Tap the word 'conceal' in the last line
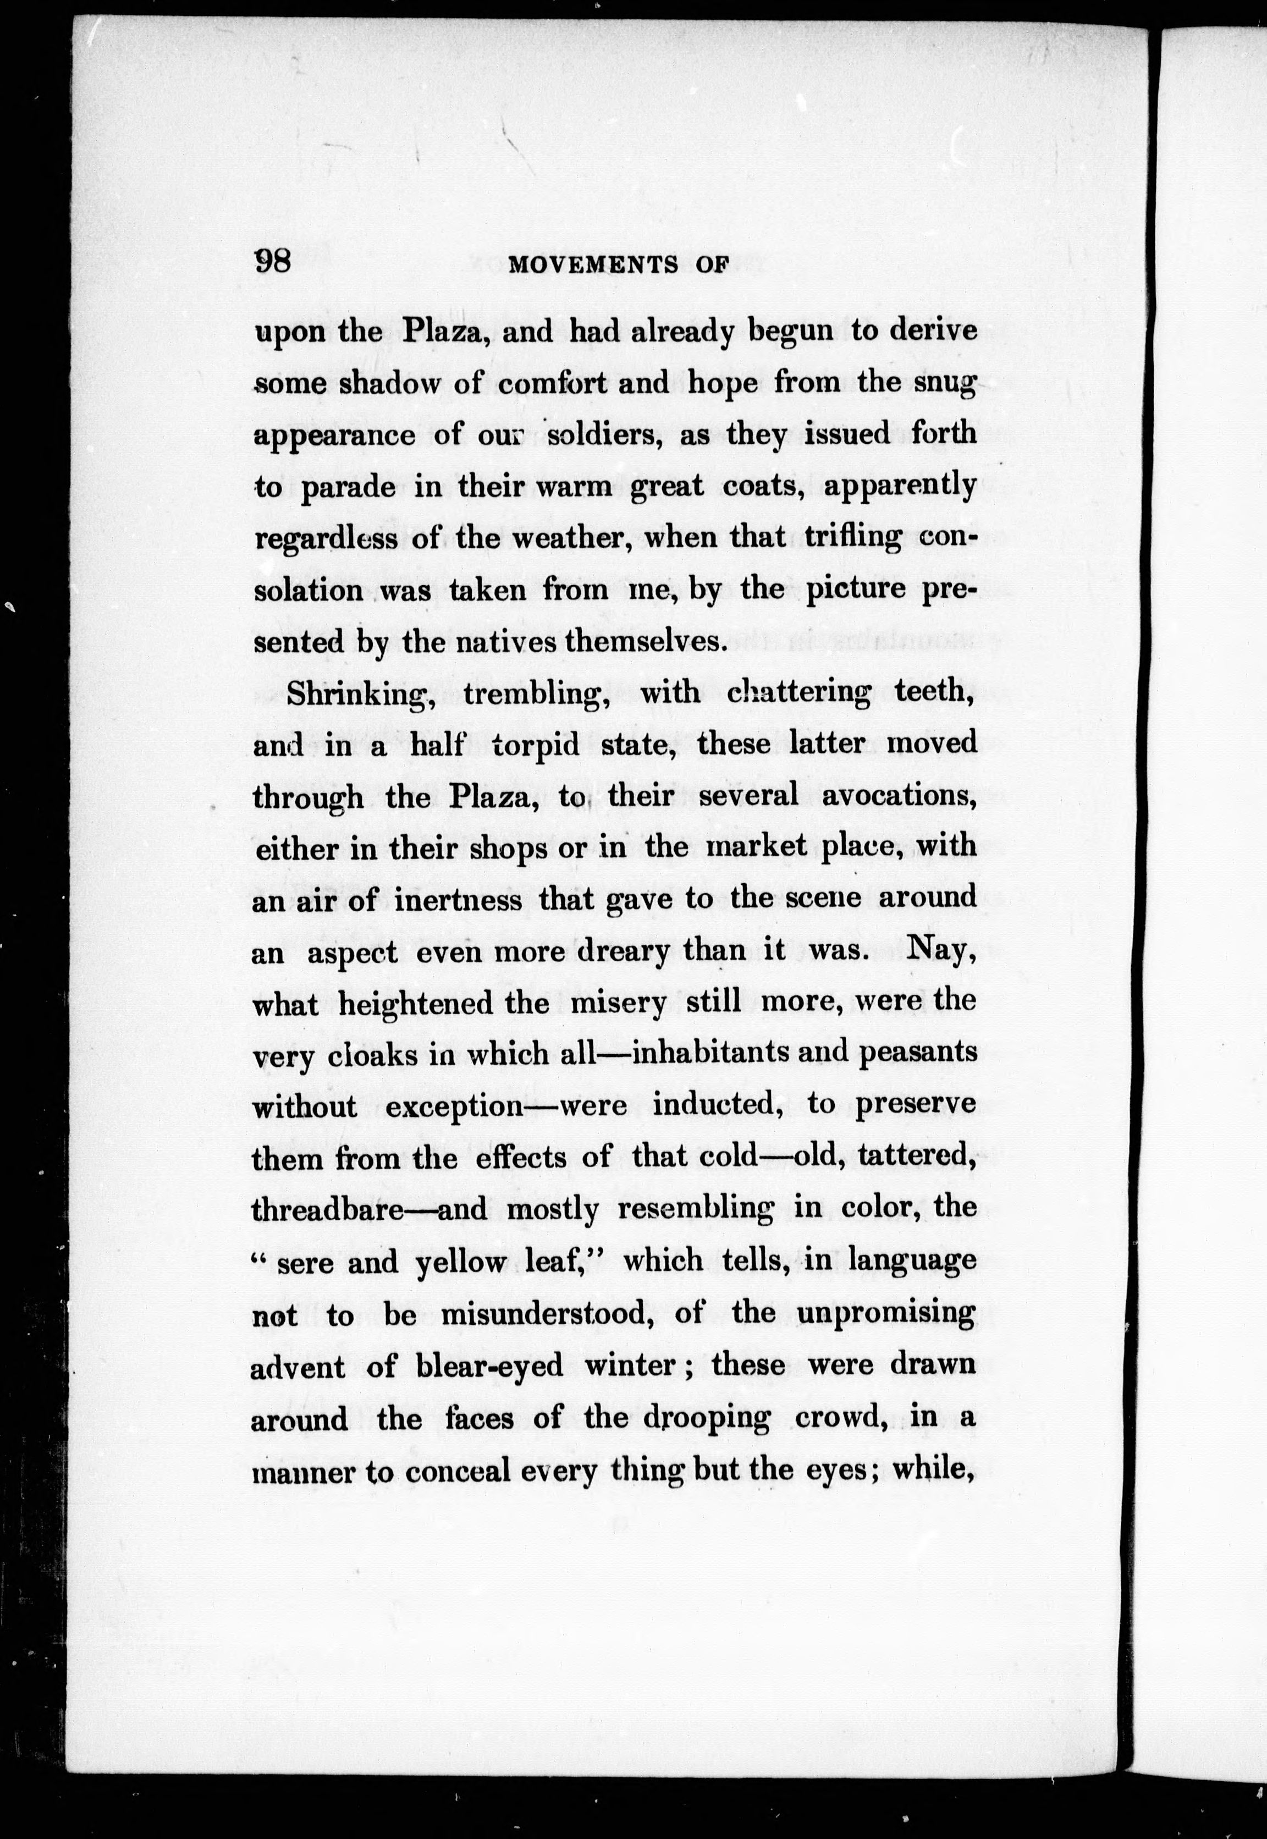458,1470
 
